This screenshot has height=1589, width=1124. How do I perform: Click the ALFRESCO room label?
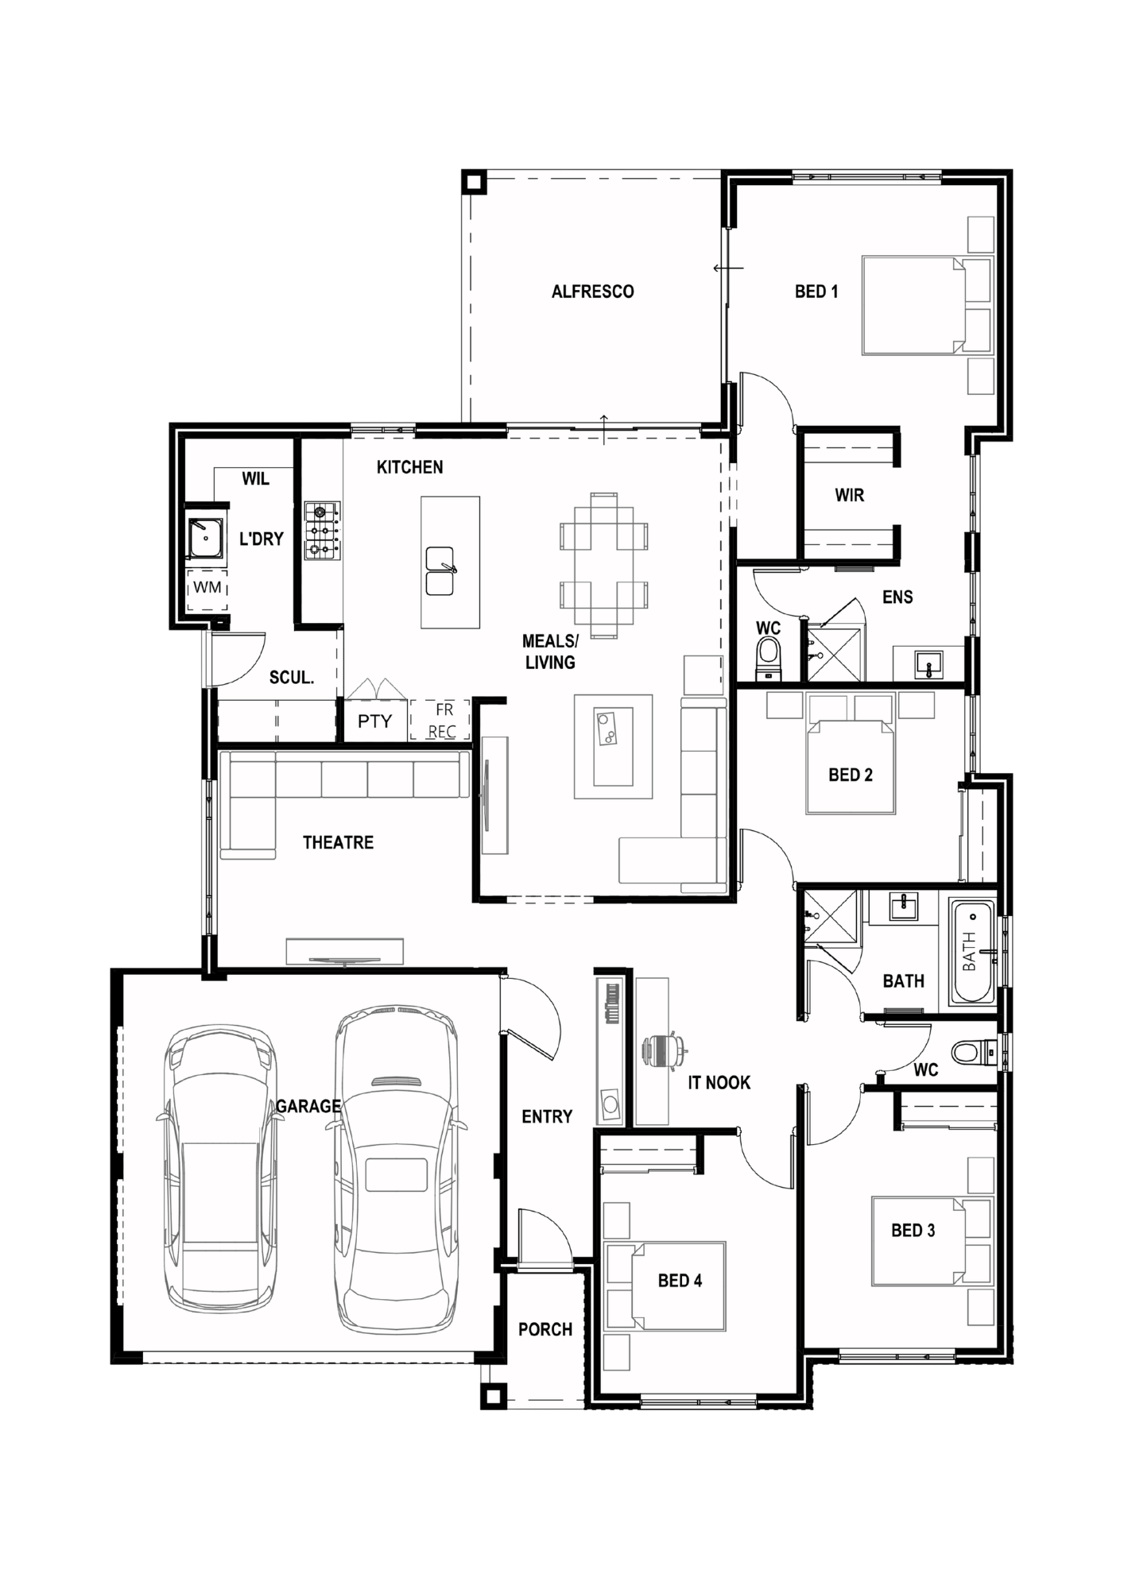coord(593,292)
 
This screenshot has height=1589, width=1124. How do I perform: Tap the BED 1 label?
coord(816,292)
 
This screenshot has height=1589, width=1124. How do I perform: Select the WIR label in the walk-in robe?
coord(849,495)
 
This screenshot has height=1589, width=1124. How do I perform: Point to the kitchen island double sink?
coord(440,570)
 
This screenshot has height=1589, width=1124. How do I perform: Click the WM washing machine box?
coord(207,588)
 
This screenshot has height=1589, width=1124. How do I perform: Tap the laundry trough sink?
coord(205,537)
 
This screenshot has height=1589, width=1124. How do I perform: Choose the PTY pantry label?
coord(374,721)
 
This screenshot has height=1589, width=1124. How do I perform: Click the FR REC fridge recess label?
coord(442,720)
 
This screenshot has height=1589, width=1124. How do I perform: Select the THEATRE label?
coord(338,842)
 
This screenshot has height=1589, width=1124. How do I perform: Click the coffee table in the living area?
coord(614,747)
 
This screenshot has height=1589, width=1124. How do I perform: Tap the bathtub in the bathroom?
coord(974,951)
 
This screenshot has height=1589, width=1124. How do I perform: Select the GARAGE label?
coord(308,1105)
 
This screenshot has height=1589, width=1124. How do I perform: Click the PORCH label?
coord(545,1329)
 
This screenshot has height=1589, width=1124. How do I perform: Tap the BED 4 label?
coord(680,1280)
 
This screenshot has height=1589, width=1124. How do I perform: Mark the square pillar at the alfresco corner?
coord(474,182)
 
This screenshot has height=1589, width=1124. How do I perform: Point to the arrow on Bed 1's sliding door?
coord(728,268)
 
